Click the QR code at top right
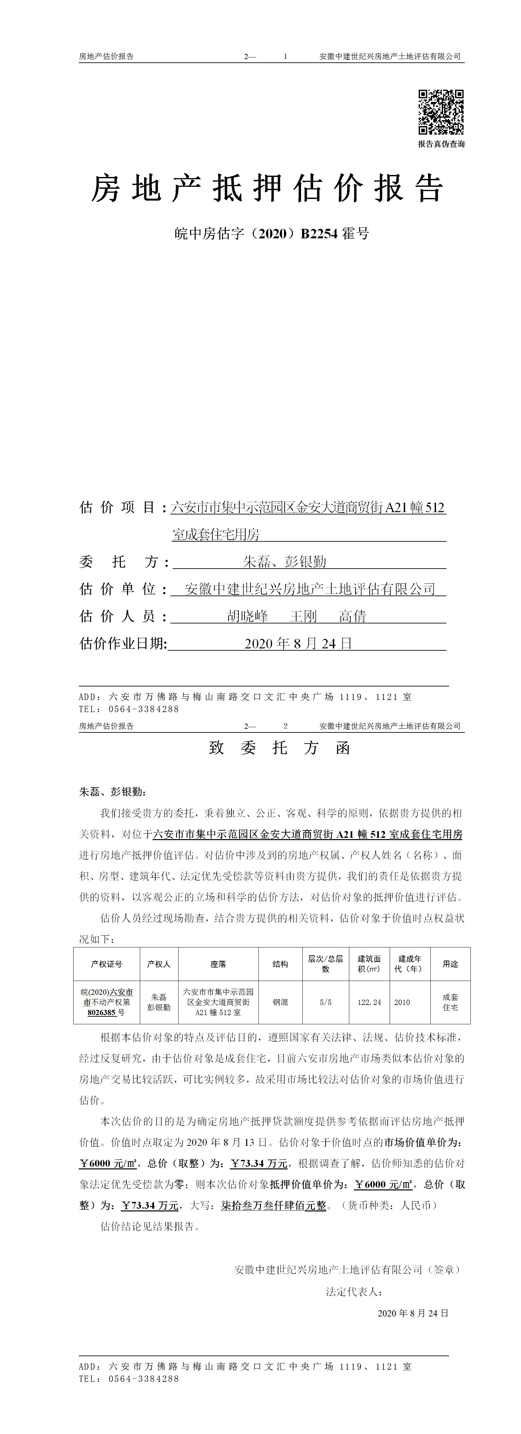pyautogui.click(x=441, y=112)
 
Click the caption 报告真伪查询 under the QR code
pyautogui.click(x=441, y=144)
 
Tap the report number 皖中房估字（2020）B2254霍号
pyautogui.click(x=271, y=234)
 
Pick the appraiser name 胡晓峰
pyautogui.click(x=248, y=616)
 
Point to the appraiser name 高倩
pyautogui.click(x=352, y=616)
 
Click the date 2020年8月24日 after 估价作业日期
pyautogui.click(x=298, y=643)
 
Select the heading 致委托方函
pyautogui.click(x=279, y=748)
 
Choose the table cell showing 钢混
pyautogui.click(x=280, y=1002)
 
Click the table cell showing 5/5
pyautogui.click(x=326, y=1002)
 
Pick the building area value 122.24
pyautogui.click(x=369, y=1002)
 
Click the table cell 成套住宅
pyautogui.click(x=450, y=1002)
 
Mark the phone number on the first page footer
pyautogui.click(x=143, y=709)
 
